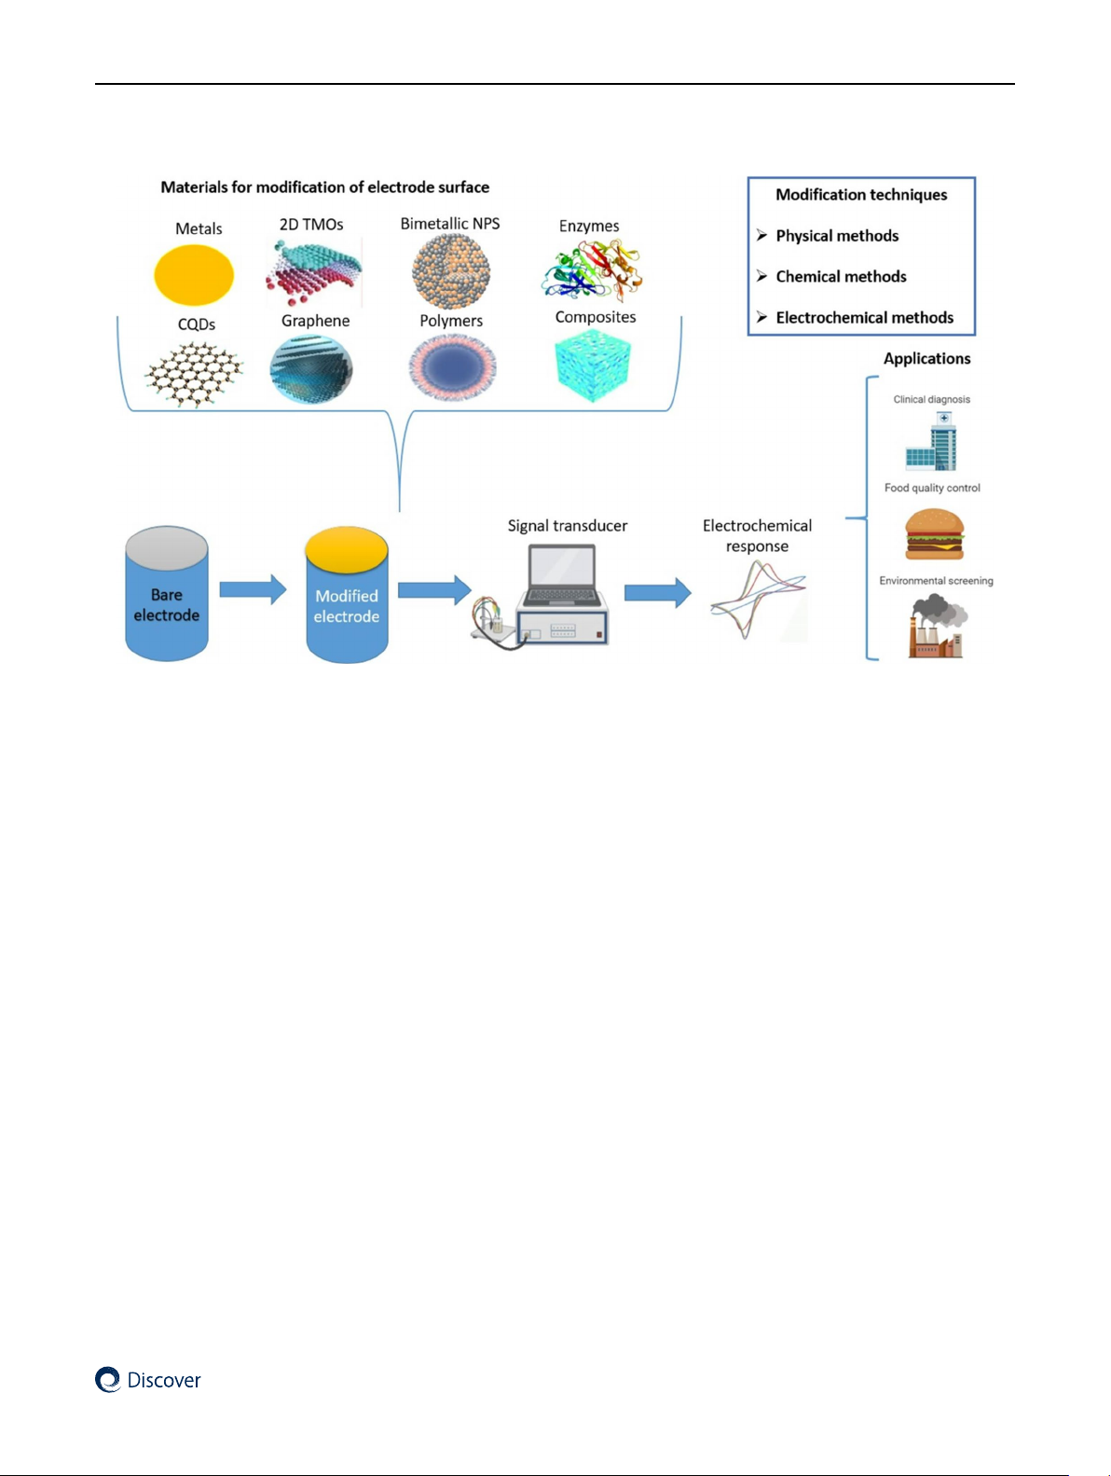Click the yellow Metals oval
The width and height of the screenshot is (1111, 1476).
coord(194,275)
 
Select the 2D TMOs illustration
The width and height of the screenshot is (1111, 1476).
coord(313,272)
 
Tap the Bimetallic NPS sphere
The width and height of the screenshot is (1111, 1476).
coord(451,270)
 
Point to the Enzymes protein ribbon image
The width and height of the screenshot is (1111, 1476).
coord(594,270)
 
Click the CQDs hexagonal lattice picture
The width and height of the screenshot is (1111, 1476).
coord(194,373)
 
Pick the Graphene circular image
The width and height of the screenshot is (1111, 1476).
coord(311,369)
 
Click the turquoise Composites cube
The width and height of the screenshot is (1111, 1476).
coord(593,366)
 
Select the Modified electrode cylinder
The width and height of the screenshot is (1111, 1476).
coord(347,597)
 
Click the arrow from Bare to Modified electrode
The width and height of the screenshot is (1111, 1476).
coord(253,589)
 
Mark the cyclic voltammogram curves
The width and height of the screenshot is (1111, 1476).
coord(757,600)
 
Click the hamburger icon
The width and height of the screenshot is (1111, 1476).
coord(934,534)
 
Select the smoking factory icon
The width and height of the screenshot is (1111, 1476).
coord(938,627)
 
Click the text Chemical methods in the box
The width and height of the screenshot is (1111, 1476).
coord(841,277)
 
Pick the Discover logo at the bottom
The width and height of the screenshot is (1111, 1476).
coord(148,1380)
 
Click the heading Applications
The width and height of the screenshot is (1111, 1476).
coord(926,359)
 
